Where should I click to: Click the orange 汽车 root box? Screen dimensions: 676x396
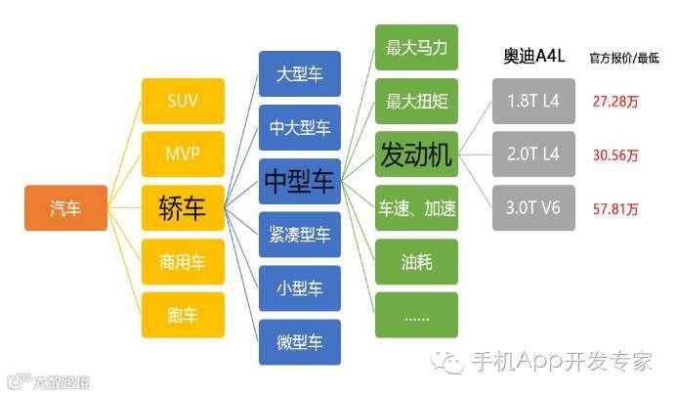(65, 208)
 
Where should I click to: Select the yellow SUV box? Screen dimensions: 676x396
(183, 101)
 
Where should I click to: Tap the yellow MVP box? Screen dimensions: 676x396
(183, 154)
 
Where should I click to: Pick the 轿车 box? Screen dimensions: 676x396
(183, 207)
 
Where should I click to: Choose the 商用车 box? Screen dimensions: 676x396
(183, 261)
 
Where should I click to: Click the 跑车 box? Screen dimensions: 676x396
(183, 315)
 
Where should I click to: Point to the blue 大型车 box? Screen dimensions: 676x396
(300, 74)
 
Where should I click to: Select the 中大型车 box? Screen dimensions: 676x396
(300, 128)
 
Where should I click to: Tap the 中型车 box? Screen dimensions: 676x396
(300, 181)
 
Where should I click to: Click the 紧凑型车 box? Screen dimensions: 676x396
(300, 235)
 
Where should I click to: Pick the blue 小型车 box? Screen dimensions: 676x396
(300, 288)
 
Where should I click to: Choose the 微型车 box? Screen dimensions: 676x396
(300, 342)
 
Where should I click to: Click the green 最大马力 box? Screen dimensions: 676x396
(416, 47)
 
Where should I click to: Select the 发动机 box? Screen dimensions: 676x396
(416, 154)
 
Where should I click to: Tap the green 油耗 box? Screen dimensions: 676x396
(416, 262)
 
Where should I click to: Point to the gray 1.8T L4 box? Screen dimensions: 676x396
(533, 101)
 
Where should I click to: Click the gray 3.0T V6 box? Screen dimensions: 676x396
(533, 208)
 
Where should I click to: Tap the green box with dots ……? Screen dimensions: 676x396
(416, 316)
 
